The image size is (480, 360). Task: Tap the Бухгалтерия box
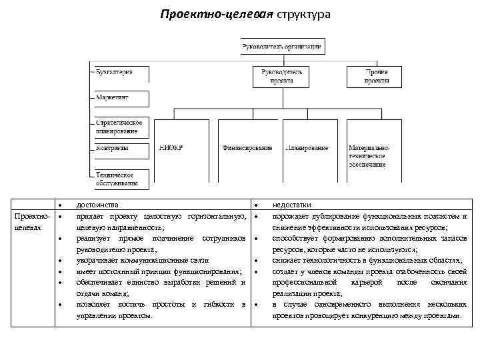coord(119,73)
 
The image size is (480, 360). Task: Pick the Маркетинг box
coord(119,97)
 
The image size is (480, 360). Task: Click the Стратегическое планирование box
coord(119,127)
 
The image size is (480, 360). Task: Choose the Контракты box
coord(119,149)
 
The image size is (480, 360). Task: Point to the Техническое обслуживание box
coord(119,178)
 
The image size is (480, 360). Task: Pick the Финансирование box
coord(247,148)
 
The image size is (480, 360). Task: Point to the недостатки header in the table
coord(291,205)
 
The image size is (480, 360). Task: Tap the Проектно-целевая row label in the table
coord(28,223)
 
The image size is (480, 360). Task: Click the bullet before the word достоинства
coord(60,206)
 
